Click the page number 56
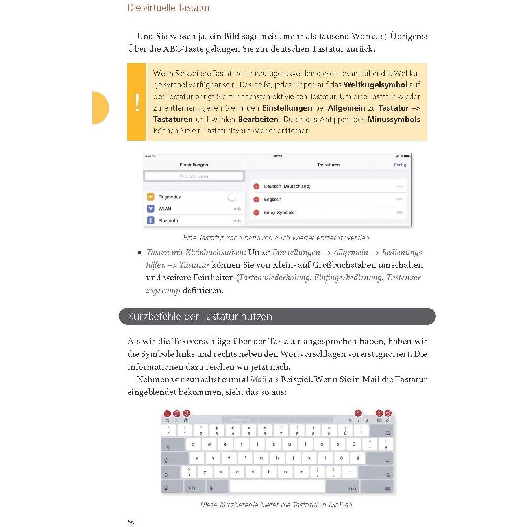[x=131, y=522]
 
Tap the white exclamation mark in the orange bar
[x=137, y=103]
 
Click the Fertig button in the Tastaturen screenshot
[x=400, y=165]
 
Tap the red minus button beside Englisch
[x=256, y=200]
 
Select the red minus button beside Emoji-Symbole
[x=256, y=213]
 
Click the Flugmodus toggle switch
[x=234, y=197]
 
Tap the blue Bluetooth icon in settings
[x=151, y=220]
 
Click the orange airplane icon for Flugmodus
[x=151, y=197]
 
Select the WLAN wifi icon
[x=151, y=209]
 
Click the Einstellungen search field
[x=194, y=176]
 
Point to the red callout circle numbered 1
[x=167, y=414]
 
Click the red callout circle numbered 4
[x=358, y=413]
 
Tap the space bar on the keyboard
[x=277, y=486]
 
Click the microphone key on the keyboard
[x=211, y=488]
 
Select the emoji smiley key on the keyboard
[x=166, y=488]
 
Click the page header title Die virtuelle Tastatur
[x=169, y=8]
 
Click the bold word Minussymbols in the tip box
[x=394, y=119]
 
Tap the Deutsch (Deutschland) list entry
[x=287, y=186]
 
